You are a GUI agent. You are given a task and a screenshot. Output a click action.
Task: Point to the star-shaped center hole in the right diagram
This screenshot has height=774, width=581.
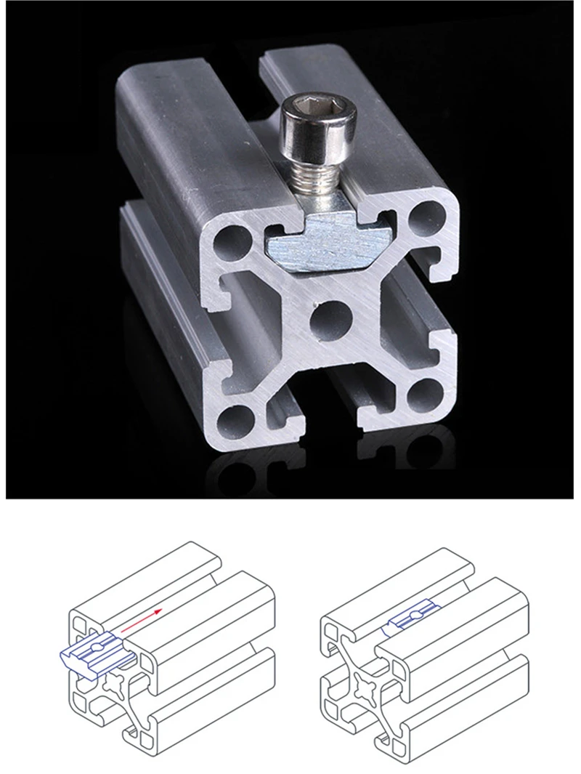(366, 685)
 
